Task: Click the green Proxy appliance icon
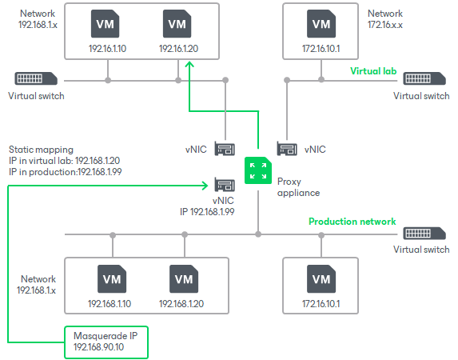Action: [257, 170]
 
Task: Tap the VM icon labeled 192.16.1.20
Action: [177, 24]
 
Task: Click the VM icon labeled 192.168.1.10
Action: [111, 279]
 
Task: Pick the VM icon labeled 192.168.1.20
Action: [183, 279]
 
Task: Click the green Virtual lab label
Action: [373, 70]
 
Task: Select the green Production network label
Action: [352, 222]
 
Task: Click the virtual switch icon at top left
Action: [34, 80]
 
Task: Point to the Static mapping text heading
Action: [41, 150]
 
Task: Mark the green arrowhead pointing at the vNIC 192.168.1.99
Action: [205, 185]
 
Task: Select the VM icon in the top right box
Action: [321, 24]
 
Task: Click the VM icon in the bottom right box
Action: [321, 279]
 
